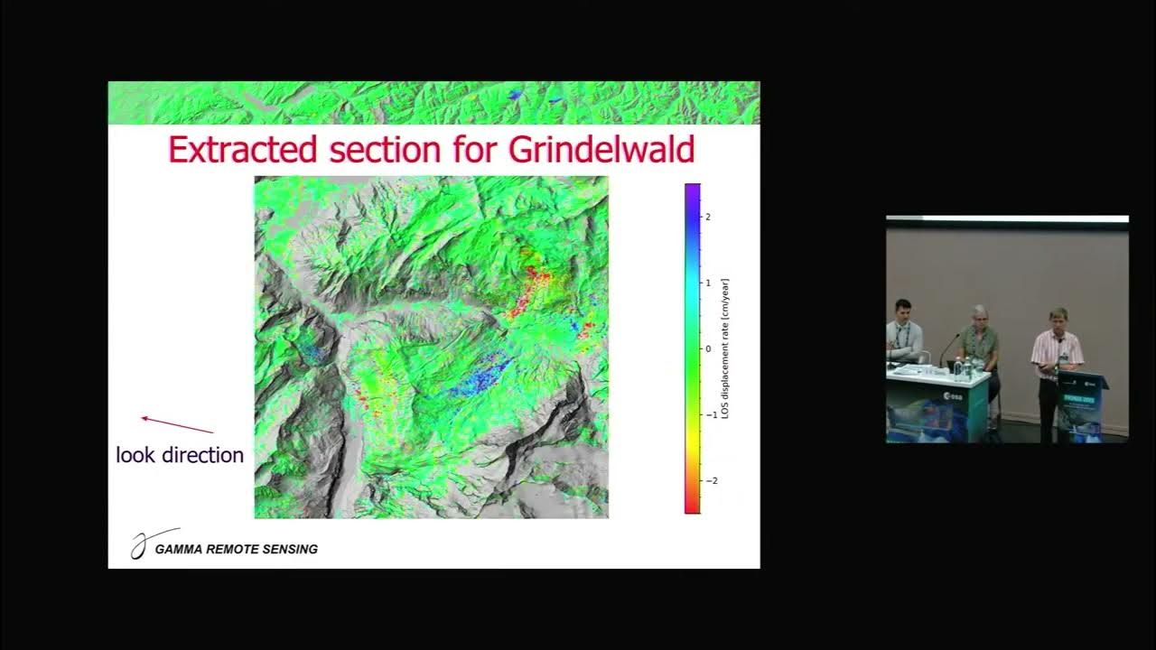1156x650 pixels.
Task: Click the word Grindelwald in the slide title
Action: click(x=601, y=149)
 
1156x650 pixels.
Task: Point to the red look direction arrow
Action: click(x=177, y=424)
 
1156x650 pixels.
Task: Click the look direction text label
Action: click(x=180, y=455)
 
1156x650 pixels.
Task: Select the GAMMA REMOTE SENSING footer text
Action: click(x=237, y=549)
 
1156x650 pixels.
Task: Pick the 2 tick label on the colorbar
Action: click(x=708, y=217)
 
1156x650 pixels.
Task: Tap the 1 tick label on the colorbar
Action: click(x=708, y=283)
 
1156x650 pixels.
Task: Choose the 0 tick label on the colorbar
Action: click(x=708, y=348)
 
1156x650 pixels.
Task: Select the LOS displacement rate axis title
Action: click(x=725, y=348)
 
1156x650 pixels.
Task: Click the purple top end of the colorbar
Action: click(x=692, y=190)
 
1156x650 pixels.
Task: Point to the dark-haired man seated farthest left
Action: click(x=902, y=334)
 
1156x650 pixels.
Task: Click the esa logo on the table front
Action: click(x=953, y=395)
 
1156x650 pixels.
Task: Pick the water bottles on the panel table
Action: click(x=963, y=367)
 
